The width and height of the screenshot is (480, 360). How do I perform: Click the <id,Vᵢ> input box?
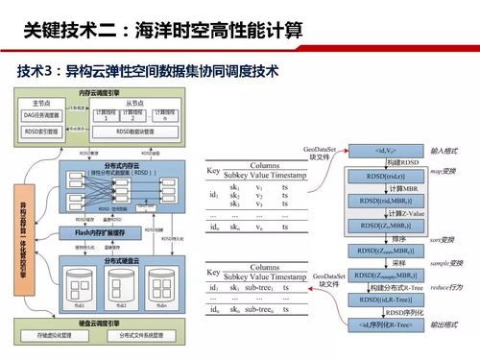coord(377,152)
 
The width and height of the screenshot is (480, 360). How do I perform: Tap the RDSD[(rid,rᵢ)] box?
coord(377,177)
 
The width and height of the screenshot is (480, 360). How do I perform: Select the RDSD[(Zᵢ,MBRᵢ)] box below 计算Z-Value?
coord(377,226)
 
